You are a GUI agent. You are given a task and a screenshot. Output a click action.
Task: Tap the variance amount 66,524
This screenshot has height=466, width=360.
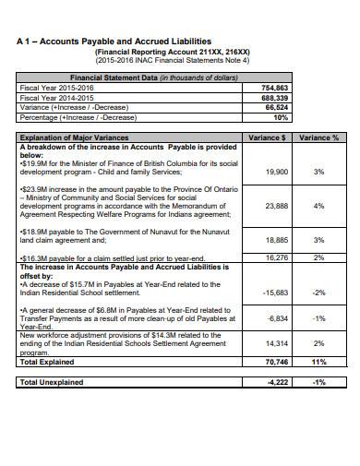click(275, 106)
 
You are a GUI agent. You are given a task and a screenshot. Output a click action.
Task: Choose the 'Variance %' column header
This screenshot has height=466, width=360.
click(319, 137)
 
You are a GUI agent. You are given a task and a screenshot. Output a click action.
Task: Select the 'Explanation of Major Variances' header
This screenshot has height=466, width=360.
click(72, 137)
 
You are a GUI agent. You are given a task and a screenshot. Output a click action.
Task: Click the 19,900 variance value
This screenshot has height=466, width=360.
click(276, 172)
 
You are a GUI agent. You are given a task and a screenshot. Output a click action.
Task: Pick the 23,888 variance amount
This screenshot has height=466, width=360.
click(276, 206)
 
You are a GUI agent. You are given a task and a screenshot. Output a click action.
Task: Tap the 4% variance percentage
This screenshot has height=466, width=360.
click(318, 206)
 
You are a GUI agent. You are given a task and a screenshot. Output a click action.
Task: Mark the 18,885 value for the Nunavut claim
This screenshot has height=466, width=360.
click(276, 240)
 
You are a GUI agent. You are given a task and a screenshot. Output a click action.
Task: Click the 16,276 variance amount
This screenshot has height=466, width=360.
click(276, 257)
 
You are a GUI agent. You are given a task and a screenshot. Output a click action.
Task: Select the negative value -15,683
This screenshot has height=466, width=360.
click(275, 292)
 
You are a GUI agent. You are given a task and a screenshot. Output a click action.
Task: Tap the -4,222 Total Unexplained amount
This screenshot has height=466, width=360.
click(276, 381)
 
